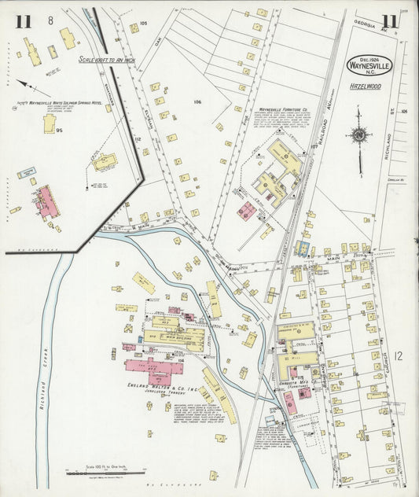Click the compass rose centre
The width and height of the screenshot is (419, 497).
[x=358, y=134]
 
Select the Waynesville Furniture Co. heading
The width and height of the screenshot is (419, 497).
[x=285, y=110]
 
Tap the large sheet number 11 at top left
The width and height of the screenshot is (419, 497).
[x=23, y=21]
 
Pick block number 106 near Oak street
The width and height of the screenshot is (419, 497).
[x=197, y=101]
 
